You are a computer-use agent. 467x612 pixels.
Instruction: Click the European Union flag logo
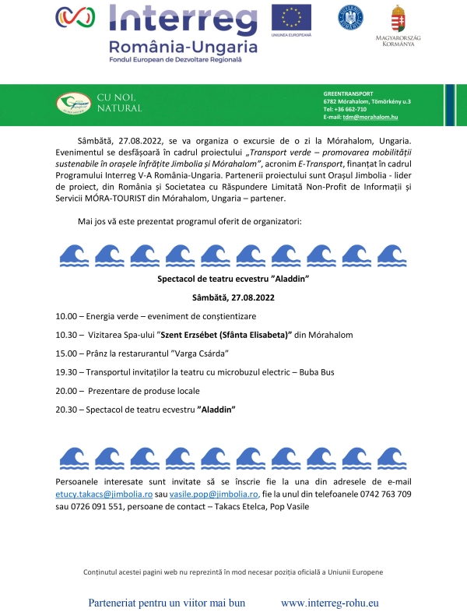(291, 17)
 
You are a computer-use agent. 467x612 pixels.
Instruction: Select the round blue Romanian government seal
(349, 17)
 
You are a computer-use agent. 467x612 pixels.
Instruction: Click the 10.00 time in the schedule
(66, 317)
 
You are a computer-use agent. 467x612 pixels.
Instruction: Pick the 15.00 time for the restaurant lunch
(66, 353)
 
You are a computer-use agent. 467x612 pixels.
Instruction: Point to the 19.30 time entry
(66, 372)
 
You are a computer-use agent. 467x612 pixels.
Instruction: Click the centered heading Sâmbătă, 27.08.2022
(233, 297)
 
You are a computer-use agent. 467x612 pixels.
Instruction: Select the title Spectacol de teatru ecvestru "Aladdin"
(233, 279)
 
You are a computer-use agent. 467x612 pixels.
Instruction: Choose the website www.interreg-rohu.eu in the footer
(329, 603)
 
